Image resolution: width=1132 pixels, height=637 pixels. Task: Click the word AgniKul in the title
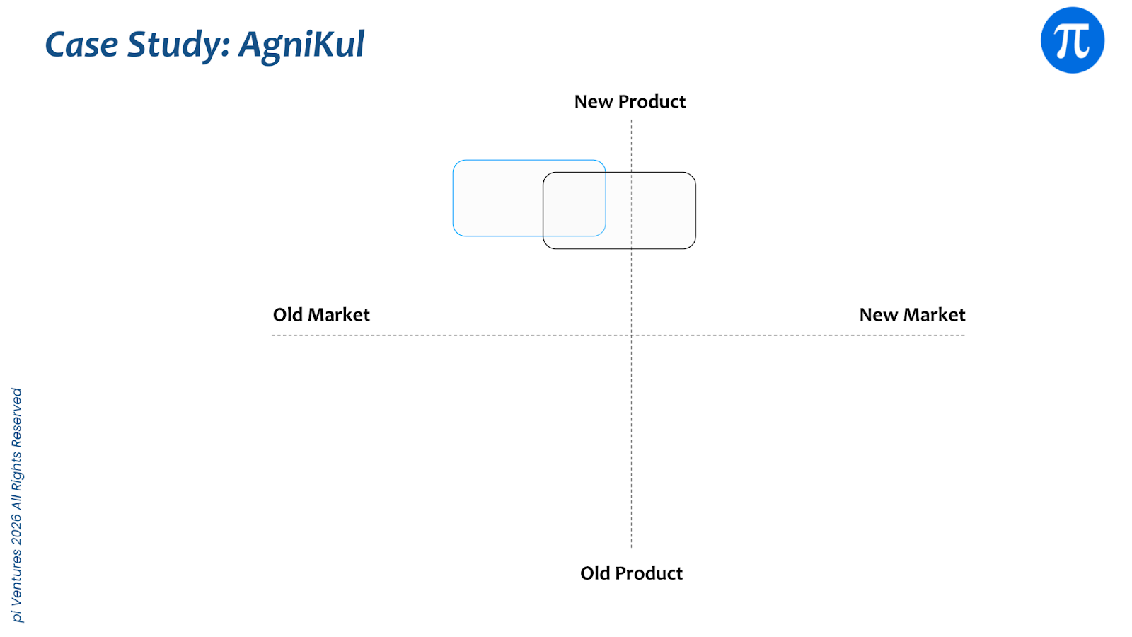pyautogui.click(x=301, y=45)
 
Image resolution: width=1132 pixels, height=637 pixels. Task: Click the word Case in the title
pyautogui.click(x=81, y=45)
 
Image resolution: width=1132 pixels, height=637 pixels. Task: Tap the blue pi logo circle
pyautogui.click(x=1072, y=40)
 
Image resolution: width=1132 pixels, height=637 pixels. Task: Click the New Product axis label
pyautogui.click(x=630, y=102)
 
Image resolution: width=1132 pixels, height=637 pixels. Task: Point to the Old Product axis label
pyautogui.click(x=631, y=573)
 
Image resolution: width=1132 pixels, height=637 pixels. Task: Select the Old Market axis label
pyautogui.click(x=321, y=315)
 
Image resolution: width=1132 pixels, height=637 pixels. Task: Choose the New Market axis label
pyautogui.click(x=912, y=315)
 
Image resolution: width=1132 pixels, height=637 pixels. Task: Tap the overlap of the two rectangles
pyautogui.click(x=574, y=205)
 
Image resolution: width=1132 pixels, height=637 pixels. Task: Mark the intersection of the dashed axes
pyautogui.click(x=631, y=335)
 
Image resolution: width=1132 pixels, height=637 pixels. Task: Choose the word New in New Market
pyautogui.click(x=878, y=315)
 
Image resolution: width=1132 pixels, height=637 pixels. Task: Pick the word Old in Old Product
pyautogui.click(x=595, y=573)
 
